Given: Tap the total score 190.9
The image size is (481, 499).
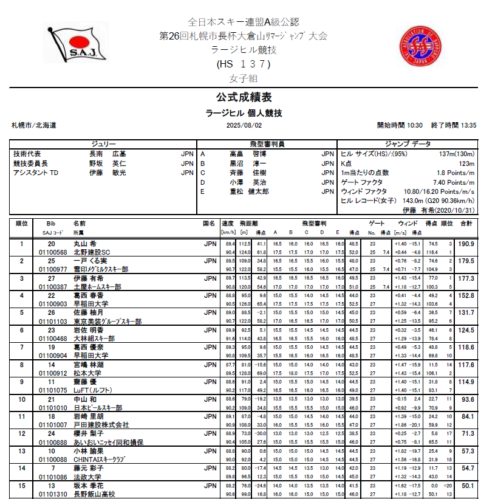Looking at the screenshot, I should point(466,244).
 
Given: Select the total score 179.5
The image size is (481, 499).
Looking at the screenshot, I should point(466,261).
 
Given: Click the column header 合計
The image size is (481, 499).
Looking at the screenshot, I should point(466,224).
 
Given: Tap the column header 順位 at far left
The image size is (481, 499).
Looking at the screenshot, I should point(21,224).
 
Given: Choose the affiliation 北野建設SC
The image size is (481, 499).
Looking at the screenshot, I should point(92,252).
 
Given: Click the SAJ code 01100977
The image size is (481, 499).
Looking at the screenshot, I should point(52,269).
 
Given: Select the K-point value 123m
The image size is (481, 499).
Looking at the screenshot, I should point(466,163).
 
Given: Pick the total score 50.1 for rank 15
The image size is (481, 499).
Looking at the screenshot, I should point(466,486).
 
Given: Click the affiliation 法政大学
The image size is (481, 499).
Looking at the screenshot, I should point(87,478).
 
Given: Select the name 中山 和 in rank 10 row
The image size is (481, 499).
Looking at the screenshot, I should point(85,399).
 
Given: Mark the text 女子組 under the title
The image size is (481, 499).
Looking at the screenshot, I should point(244,78).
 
